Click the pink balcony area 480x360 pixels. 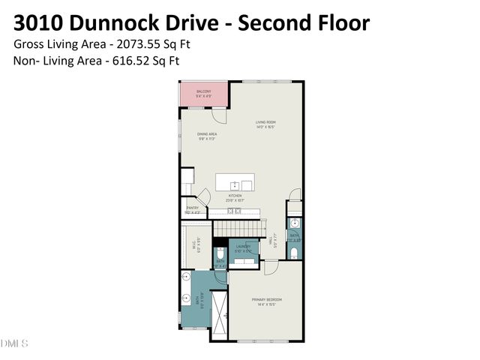pos(204,94)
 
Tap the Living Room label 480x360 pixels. pos(266,124)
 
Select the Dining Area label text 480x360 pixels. pos(207,136)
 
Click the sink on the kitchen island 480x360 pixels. pos(235,184)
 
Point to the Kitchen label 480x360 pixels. pos(235,199)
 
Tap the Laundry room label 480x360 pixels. pos(243,248)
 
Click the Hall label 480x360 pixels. pos(275,242)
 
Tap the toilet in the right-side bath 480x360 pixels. pos(294,251)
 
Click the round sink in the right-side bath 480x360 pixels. pos(294,223)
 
